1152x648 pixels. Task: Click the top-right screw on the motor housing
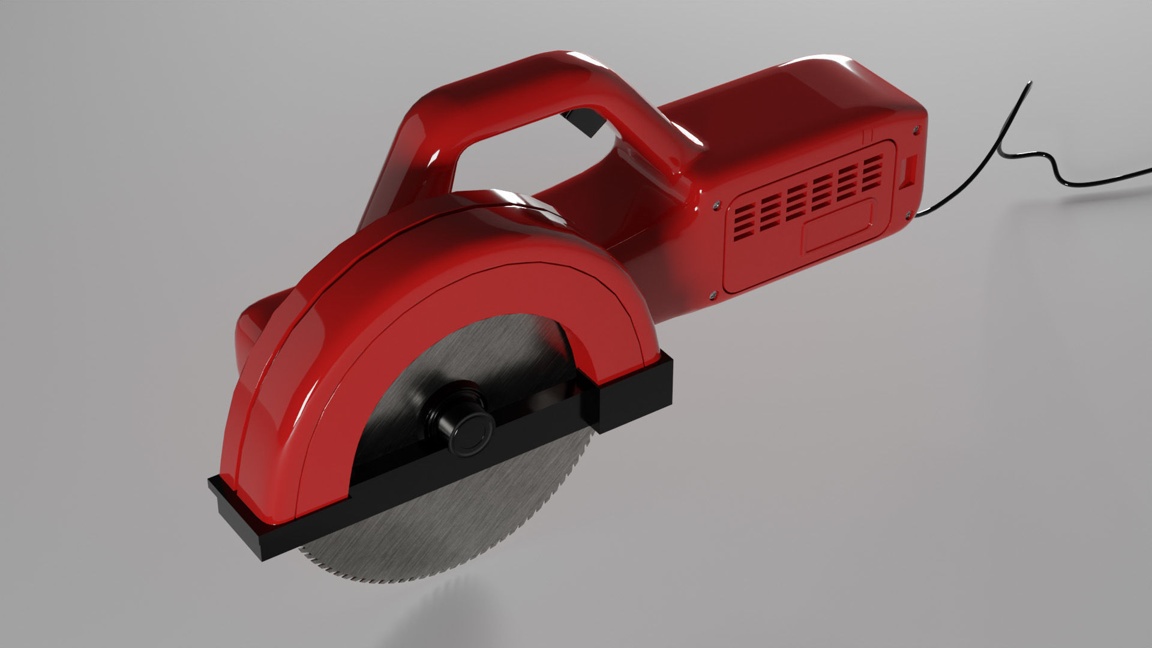[x=916, y=127]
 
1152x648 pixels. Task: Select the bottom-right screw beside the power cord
[x=911, y=214]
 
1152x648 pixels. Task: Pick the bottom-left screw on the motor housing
[x=713, y=294]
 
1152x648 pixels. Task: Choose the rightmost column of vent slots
[x=873, y=166]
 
